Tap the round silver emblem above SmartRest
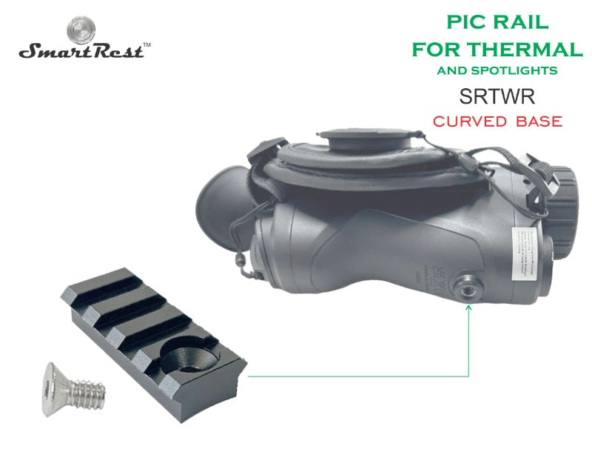(x=81, y=30)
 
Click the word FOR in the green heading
(x=437, y=50)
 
